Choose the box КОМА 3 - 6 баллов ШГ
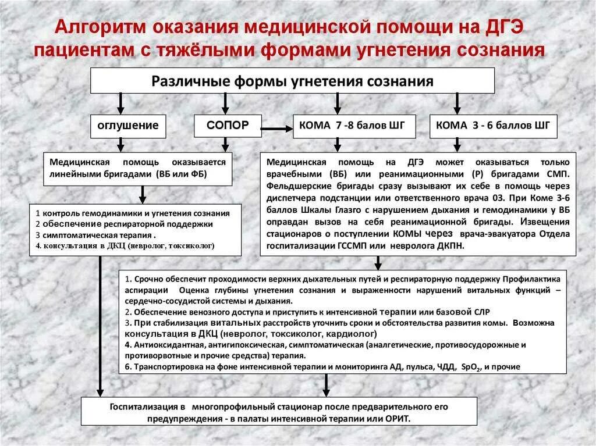click(494, 126)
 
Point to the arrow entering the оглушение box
click(120, 102)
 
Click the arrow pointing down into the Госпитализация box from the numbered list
click(326, 385)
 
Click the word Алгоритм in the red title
click(99, 28)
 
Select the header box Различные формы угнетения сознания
click(292, 80)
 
